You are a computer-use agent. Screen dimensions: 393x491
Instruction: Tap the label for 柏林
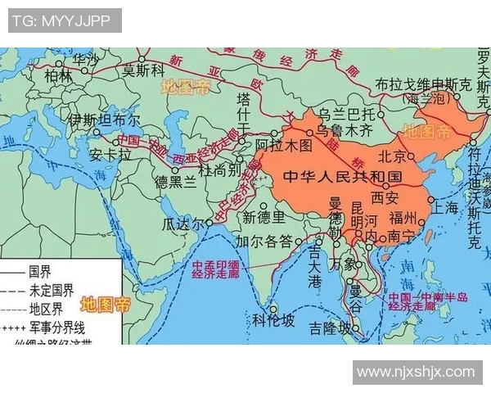58,75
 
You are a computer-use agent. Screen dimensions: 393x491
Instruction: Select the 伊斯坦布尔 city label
104,120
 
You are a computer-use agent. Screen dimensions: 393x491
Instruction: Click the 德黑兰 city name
175,182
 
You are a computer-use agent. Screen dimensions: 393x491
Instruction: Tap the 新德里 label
264,217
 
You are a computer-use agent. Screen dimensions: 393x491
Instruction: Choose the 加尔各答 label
264,242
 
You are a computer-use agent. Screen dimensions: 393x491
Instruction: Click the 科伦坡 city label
273,320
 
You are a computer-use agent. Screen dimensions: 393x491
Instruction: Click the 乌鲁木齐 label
345,130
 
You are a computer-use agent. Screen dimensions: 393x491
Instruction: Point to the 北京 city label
392,156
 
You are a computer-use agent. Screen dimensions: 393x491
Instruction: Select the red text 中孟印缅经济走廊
218,271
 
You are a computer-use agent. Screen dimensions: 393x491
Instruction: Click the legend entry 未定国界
51,290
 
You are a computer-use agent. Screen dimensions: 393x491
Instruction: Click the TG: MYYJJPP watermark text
65,20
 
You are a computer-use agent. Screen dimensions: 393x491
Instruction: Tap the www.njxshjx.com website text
416,372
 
